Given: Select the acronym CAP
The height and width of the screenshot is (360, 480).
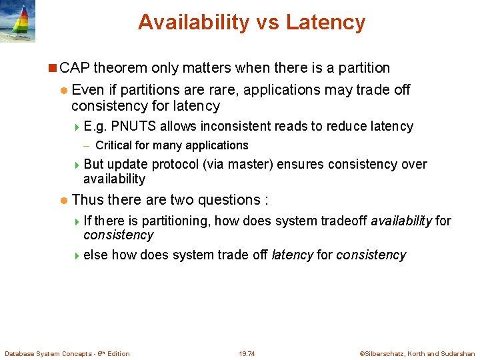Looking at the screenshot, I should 75,68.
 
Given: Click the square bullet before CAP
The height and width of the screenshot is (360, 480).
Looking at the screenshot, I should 53,68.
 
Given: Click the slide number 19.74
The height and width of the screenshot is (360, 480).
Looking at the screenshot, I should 247,353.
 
